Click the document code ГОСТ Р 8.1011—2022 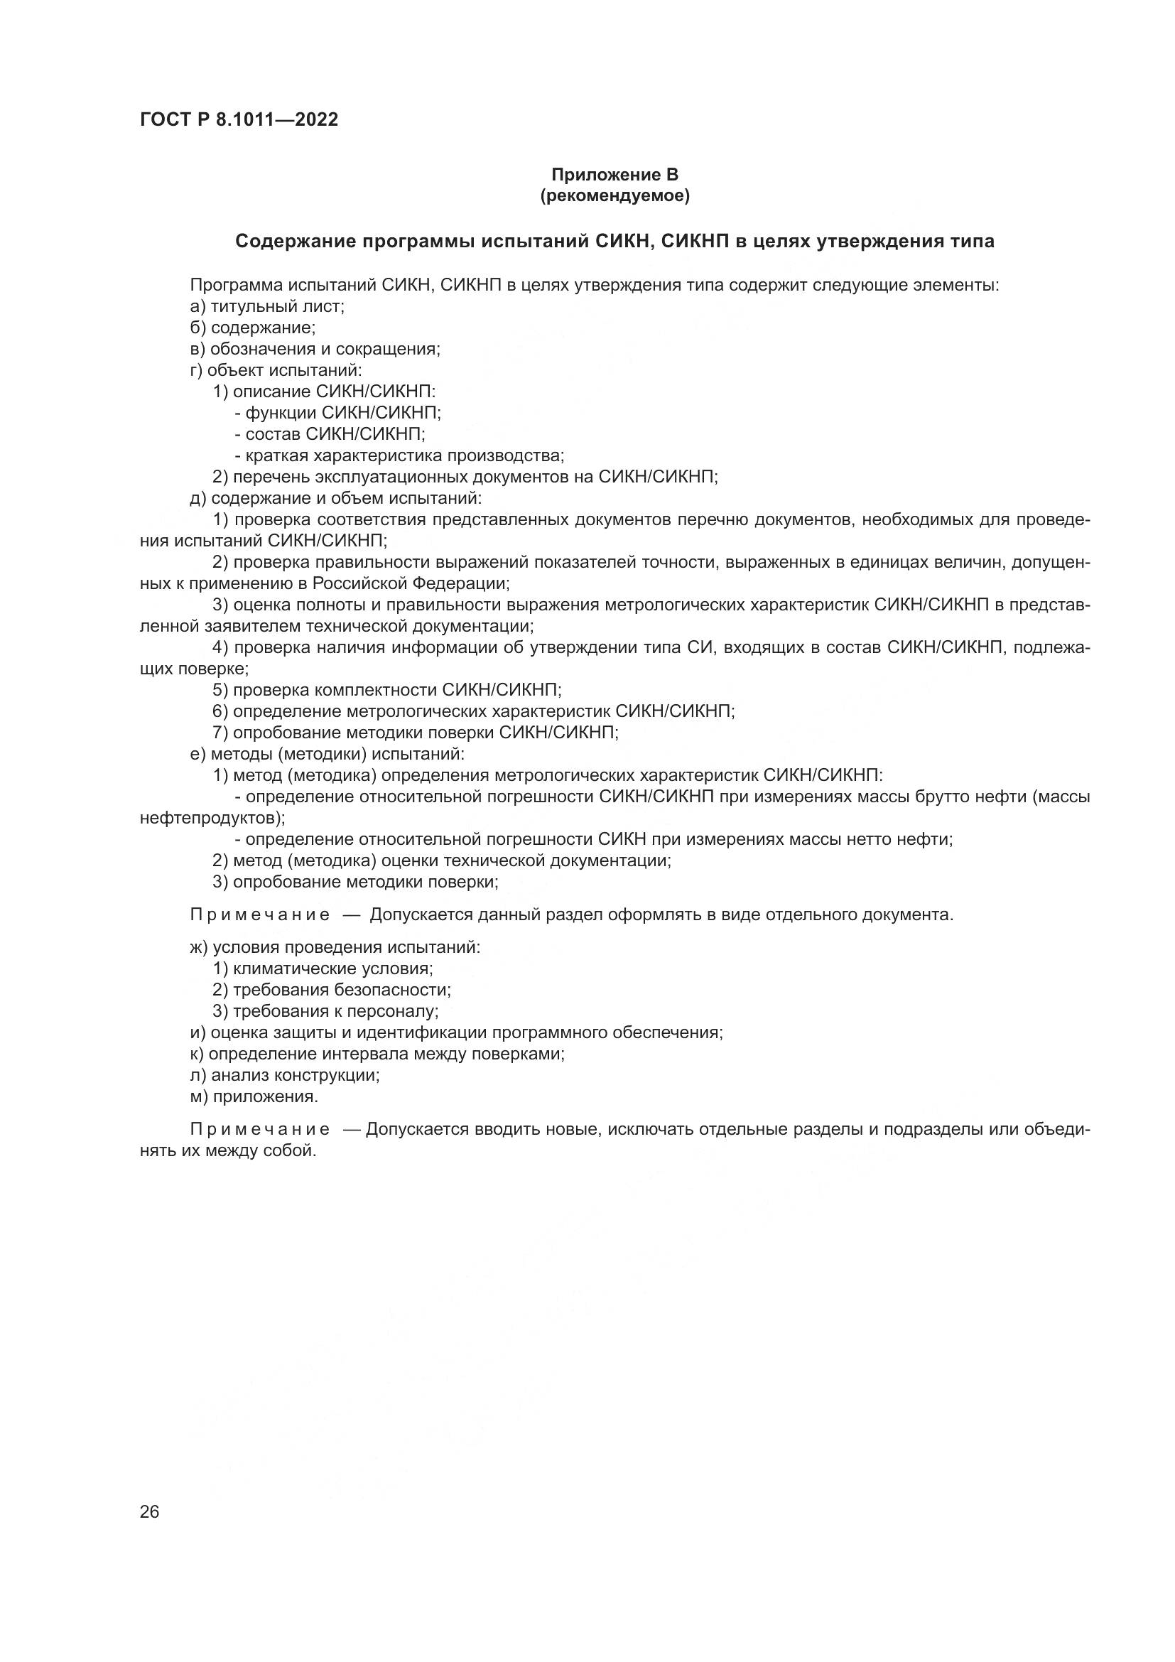pos(239,120)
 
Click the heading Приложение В pos(614,175)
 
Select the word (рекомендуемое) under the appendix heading pos(614,196)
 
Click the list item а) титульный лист pos(267,306)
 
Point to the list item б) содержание pos(252,328)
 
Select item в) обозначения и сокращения pos(315,349)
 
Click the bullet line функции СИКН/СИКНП pos(338,413)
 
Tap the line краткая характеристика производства pos(399,455)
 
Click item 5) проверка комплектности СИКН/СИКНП pos(387,690)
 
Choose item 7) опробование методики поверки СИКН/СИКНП pos(416,733)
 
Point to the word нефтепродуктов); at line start pos(212,818)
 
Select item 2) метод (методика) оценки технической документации pos(441,860)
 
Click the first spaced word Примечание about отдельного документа pos(260,915)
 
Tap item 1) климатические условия pos(323,968)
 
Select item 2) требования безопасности pos(331,990)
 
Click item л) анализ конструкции pos(284,1075)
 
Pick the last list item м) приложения pos(254,1096)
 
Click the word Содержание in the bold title pos(293,242)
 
